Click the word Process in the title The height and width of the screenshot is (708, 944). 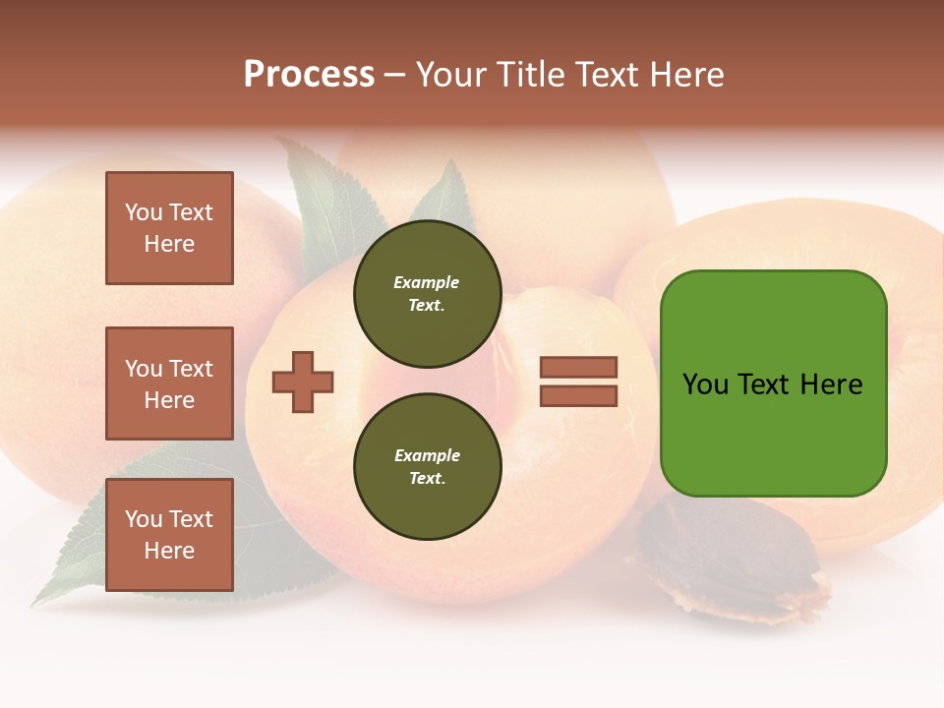coord(309,75)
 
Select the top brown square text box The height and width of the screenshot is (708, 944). coord(169,228)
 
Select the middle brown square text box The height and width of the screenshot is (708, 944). coord(169,383)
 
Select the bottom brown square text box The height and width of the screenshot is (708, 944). coord(169,535)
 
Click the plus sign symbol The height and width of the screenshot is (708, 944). coord(303,382)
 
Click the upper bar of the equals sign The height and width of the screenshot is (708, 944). coord(578,367)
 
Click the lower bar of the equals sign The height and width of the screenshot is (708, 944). coord(578,396)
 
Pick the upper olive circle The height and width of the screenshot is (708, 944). coord(427,294)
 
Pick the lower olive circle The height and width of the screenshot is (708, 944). coord(427,467)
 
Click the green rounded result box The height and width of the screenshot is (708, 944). coord(773,433)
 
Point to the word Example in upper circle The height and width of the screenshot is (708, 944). coord(427,282)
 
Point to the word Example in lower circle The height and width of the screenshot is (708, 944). coord(427,455)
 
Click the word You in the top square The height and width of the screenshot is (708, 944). coord(144,212)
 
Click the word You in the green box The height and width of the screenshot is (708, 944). coord(705,384)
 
